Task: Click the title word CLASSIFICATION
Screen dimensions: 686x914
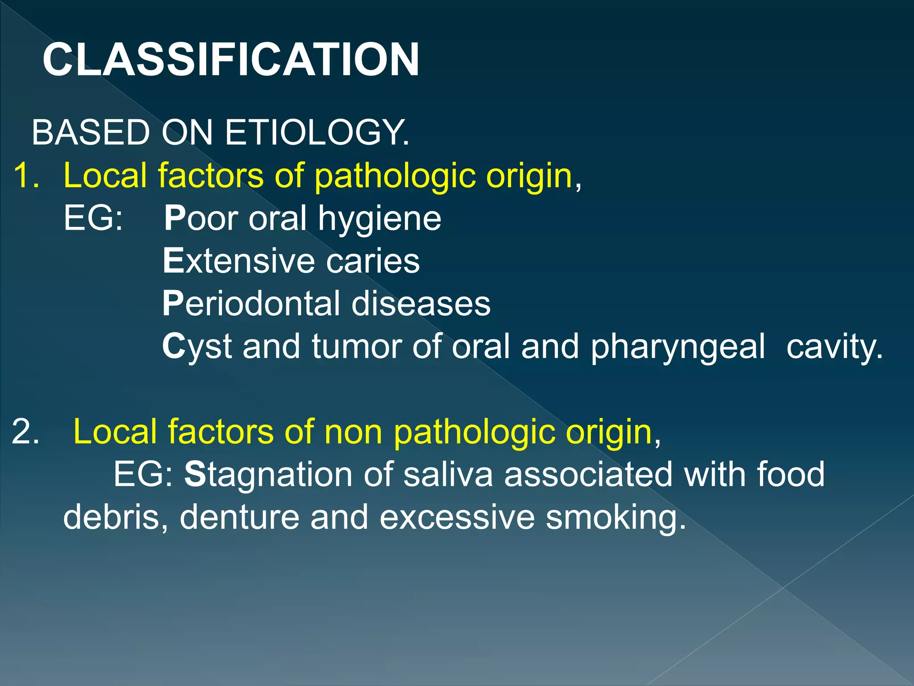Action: [231, 60]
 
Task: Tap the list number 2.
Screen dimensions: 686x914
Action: [25, 432]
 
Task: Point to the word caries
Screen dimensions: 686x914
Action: [373, 261]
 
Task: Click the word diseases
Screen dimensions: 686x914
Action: [421, 304]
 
